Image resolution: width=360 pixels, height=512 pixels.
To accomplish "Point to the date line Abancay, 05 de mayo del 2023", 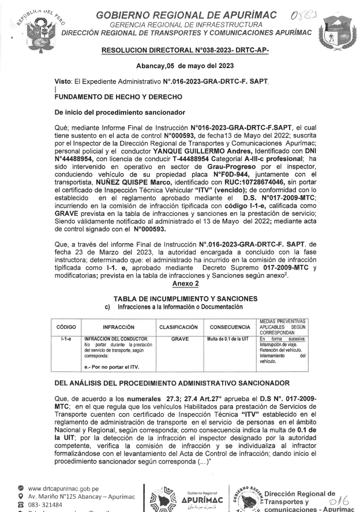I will pyautogui.click(x=180, y=68).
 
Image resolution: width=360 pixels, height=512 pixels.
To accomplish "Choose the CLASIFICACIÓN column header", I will pyautogui.click(x=178, y=327).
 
